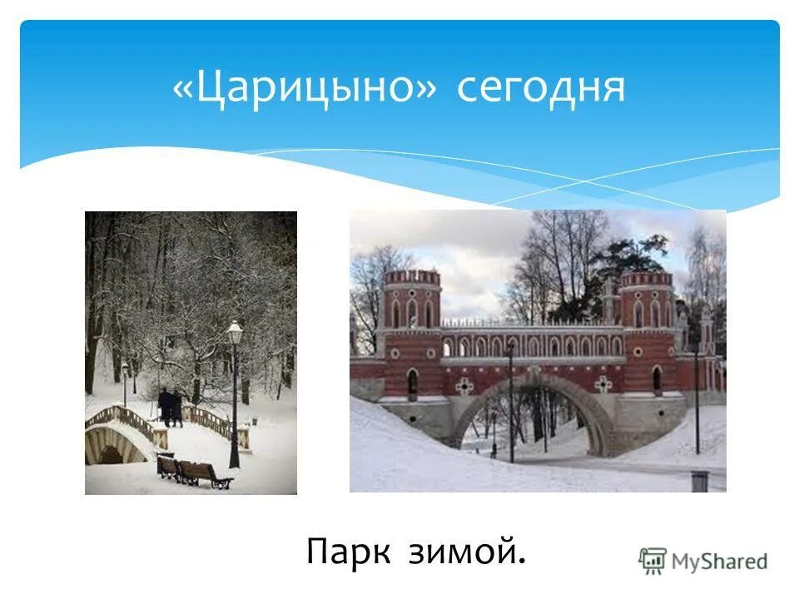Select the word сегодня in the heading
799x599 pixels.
click(540, 87)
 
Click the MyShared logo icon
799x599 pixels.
click(653, 562)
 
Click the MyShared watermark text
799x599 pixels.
click(719, 562)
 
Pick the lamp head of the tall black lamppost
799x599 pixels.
click(235, 332)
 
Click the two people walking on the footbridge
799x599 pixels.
click(170, 407)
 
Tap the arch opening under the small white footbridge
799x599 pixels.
click(111, 454)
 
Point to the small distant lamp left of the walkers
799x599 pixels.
click(125, 369)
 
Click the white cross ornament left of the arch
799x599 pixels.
click(464, 385)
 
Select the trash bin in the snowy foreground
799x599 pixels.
click(699, 481)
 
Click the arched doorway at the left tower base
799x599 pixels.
click(412, 383)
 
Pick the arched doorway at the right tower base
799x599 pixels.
click(657, 380)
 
